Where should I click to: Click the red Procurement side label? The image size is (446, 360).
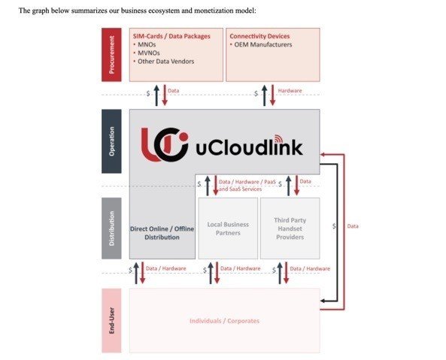pos(111,54)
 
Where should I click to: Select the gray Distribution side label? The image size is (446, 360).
pos(111,228)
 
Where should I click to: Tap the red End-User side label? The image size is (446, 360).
pos(111,320)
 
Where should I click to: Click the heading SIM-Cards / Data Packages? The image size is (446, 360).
pos(171,36)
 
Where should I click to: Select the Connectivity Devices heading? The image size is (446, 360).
pos(259,36)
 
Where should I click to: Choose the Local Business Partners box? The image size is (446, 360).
pos(228,228)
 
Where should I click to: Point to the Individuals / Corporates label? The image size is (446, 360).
pos(224,321)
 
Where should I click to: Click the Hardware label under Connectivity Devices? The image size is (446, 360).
pos(290,90)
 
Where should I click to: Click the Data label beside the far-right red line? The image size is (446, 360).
pos(352,225)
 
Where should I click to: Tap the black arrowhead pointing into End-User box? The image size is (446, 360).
pos(323,301)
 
